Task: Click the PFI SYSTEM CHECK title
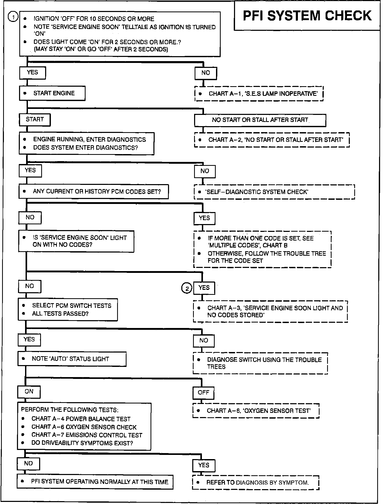pos(307,16)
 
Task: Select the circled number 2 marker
pos(187,288)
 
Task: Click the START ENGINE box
pos(52,93)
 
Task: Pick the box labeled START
pos(35,120)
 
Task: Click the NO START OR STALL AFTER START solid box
pos(260,120)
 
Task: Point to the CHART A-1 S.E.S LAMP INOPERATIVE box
pos(259,94)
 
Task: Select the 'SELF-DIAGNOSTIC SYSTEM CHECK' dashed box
pos(274,192)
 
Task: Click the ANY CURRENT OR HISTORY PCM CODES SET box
pos(93,192)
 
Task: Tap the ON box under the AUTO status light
pos(29,392)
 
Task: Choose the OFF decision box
pos(203,393)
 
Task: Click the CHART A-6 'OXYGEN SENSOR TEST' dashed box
pos(256,411)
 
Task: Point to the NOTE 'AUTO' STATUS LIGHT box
pos(72,359)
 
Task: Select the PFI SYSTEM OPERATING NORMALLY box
pos(95,482)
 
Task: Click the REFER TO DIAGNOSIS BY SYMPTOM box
pos(256,482)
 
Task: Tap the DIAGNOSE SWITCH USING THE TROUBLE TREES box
pos(260,363)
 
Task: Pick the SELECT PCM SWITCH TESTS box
pos(68,310)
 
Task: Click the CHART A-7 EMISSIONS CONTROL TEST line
pos(87,435)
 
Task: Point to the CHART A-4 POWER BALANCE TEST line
pos(81,419)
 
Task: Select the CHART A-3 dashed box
pos(270,312)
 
